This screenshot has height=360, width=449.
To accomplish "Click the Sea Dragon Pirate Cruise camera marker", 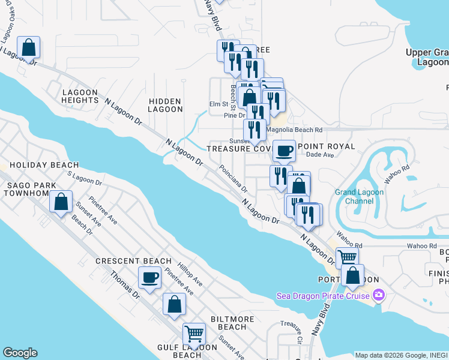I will click(378, 295).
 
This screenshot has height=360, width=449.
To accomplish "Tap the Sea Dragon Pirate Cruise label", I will click(324, 296).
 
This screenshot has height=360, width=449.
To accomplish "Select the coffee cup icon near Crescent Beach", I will click(150, 278).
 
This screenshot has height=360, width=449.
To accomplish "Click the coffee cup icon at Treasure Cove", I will click(284, 150).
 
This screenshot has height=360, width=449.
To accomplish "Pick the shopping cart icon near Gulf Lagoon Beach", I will click(194, 333).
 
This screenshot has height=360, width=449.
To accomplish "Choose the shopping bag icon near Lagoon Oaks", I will click(28, 47).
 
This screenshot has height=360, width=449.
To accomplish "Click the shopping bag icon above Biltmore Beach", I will click(174, 304).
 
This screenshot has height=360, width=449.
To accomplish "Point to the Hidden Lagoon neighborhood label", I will click(166, 105).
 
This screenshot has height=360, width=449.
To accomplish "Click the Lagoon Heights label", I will click(80, 96).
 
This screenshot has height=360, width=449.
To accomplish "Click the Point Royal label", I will click(327, 146).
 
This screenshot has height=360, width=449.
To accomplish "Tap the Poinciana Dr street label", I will click(233, 178).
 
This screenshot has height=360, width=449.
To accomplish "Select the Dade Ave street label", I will click(319, 155).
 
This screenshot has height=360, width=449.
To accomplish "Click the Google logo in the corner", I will click(20, 353).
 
